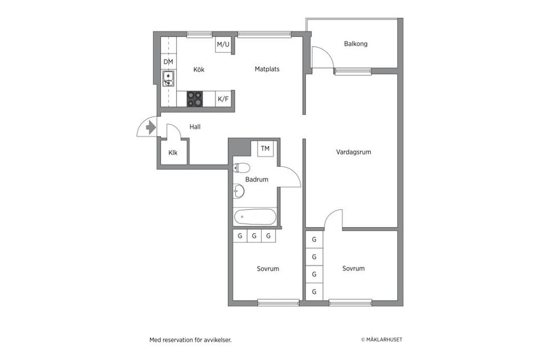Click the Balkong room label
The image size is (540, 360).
click(x=355, y=44)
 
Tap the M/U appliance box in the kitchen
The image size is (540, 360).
click(x=223, y=44)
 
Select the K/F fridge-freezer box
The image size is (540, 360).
click(x=223, y=99)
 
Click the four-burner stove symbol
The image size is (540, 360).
click(x=195, y=99)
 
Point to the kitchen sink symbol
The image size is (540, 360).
click(x=168, y=78)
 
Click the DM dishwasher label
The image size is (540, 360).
click(x=168, y=61)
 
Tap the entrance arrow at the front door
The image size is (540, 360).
click(x=150, y=128)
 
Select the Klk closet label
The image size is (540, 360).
click(x=173, y=152)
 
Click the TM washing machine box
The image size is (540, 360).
click(x=265, y=148)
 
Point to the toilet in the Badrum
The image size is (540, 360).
click(x=242, y=167)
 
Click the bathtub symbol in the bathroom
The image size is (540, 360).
click(x=255, y=216)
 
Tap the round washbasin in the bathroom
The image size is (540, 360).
click(x=238, y=192)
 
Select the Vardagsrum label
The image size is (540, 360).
click(x=353, y=152)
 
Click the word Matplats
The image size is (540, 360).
click(x=267, y=69)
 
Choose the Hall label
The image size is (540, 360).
click(x=195, y=127)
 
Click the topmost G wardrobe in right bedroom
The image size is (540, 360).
click(x=314, y=239)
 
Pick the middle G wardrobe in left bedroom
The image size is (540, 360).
click(x=254, y=236)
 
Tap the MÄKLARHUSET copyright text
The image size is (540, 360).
click(x=381, y=340)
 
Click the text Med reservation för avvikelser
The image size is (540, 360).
click(x=190, y=340)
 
